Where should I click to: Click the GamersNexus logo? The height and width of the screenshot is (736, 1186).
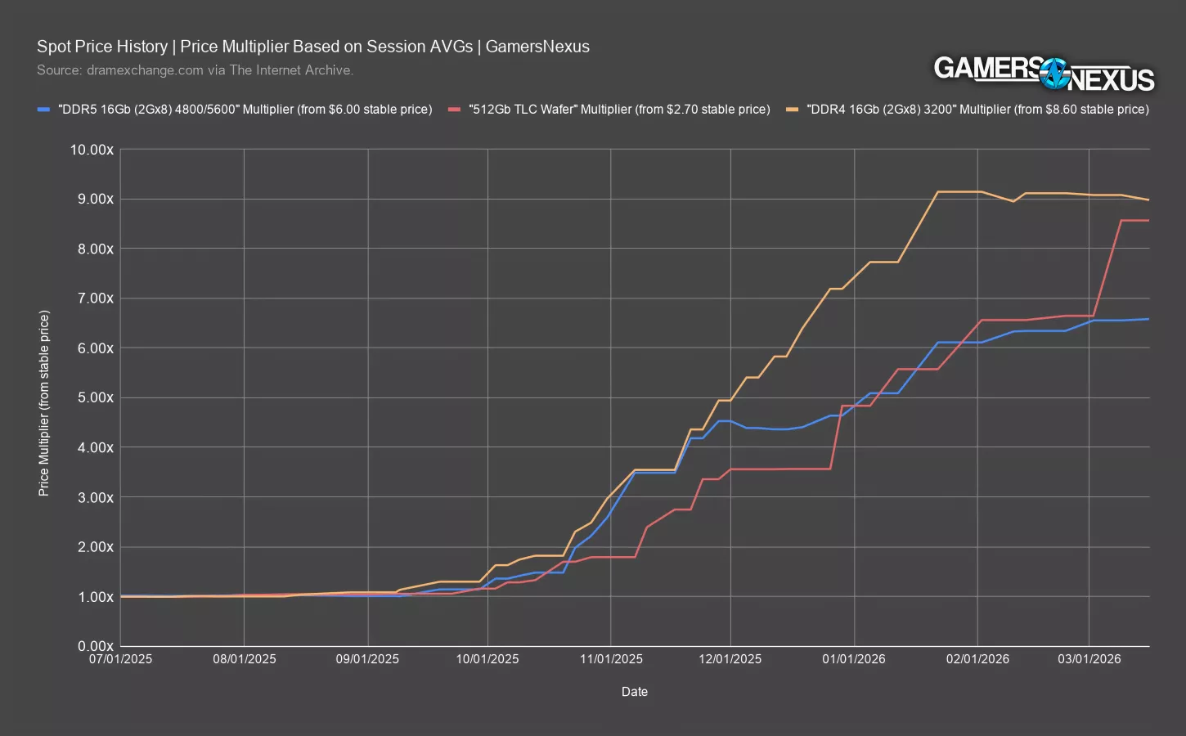click(x=1044, y=72)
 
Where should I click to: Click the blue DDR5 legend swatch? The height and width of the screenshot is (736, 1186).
click(x=45, y=109)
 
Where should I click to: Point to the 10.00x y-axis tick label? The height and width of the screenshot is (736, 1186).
click(x=92, y=150)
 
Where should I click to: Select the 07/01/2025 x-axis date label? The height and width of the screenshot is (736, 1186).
click(x=121, y=659)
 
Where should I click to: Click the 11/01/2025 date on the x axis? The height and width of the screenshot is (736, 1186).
click(x=611, y=659)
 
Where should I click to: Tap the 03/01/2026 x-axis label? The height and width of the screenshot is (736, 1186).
click(x=1089, y=659)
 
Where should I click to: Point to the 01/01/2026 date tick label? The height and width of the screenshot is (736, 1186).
click(x=855, y=659)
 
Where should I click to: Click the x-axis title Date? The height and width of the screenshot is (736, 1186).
click(x=634, y=692)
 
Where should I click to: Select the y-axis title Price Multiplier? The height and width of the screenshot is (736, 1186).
click(x=44, y=403)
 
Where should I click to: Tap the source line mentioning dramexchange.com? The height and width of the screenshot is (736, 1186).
click(x=195, y=70)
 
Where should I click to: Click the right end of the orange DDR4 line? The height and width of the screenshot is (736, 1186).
click(x=1148, y=200)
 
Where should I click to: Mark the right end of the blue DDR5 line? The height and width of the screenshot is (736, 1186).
click(x=1148, y=319)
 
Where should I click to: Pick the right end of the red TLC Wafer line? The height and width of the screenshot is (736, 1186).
click(x=1148, y=221)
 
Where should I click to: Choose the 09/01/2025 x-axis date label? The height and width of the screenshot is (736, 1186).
click(x=368, y=659)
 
